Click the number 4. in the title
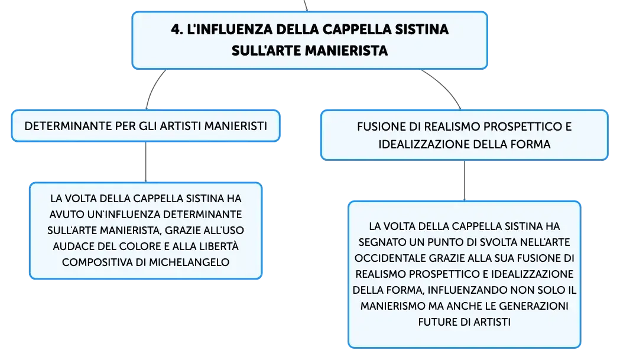(x=177, y=30)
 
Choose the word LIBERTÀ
(x=219, y=246)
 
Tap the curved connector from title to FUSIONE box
(x=444, y=86)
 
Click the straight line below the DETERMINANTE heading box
(x=146, y=162)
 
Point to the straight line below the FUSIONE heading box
(x=465, y=180)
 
